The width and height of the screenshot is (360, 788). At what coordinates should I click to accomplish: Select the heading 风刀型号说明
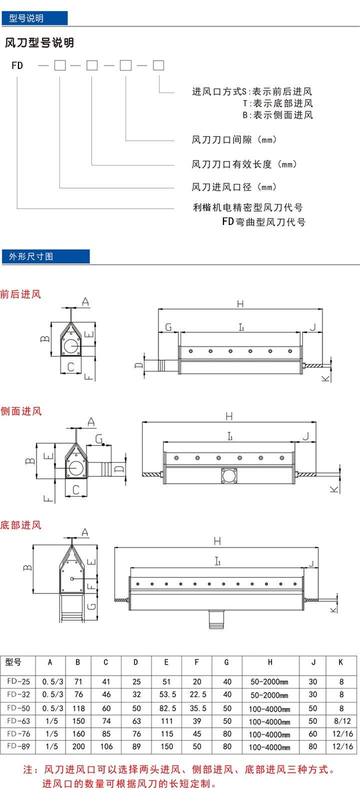[39, 43]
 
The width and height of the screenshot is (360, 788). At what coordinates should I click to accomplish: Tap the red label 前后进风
[20, 294]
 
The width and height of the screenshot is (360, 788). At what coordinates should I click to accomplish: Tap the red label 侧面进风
[21, 411]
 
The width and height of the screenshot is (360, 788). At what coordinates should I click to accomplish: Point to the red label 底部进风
[20, 525]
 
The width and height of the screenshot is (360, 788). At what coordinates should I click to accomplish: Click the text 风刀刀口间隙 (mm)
[234, 140]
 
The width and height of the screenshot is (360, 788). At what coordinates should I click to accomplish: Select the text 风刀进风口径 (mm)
[234, 187]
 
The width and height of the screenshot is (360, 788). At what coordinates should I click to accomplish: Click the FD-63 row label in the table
[18, 721]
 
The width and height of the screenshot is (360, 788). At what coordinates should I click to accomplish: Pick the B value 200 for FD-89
[78, 746]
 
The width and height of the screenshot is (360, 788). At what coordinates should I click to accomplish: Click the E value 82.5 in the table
[167, 708]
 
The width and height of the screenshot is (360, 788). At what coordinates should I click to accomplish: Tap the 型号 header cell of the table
[13, 662]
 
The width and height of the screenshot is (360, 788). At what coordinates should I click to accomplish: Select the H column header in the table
[270, 662]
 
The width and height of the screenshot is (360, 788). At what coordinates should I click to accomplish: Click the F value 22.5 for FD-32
[197, 694]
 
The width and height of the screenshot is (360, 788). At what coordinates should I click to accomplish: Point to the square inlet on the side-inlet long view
[229, 475]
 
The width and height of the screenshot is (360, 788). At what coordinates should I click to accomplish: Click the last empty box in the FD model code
[158, 65]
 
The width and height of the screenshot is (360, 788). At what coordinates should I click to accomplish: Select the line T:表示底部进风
[278, 103]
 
